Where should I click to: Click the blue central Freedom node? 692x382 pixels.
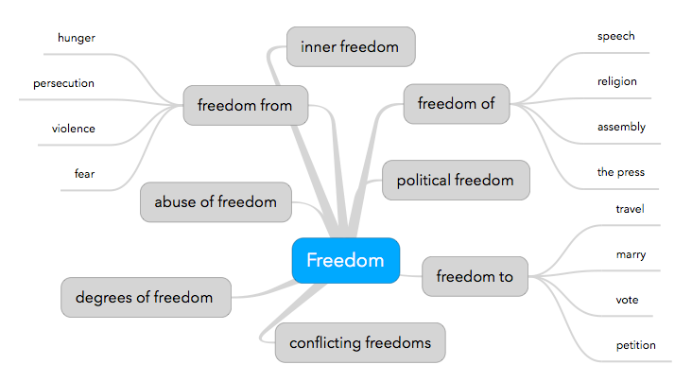[345, 260]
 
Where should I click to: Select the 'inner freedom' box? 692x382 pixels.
[351, 46]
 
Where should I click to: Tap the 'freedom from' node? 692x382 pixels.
[245, 105]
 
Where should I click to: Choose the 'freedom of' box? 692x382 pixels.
[456, 104]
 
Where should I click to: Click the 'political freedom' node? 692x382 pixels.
[456, 180]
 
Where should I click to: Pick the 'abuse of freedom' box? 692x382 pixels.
[216, 201]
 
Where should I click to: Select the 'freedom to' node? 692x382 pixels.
[475, 276]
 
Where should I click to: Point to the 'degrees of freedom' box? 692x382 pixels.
[146, 297]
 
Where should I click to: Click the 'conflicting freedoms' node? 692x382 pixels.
[360, 342]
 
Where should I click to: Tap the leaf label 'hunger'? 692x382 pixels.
[76, 38]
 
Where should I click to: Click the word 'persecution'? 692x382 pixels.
[63, 83]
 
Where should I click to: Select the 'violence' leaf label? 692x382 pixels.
[74, 128]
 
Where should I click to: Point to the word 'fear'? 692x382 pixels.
[84, 173]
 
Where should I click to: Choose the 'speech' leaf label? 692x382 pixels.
[615, 36]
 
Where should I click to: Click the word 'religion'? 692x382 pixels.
[616, 81]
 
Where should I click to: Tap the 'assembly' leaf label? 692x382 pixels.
[621, 127]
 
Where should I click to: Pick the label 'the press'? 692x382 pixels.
[620, 172]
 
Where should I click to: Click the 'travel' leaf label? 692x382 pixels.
[630, 208]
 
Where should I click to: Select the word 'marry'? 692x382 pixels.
[631, 254]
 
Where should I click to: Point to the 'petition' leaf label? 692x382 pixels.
[635, 345]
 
